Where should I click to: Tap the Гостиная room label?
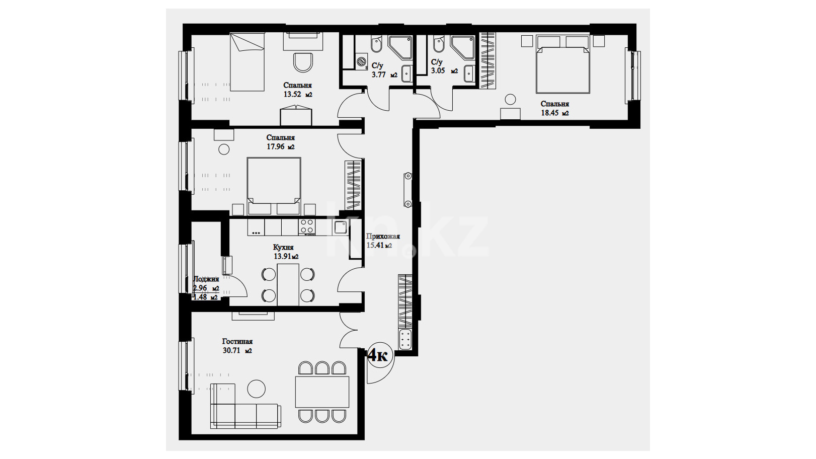237,342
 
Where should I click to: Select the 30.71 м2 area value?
237,351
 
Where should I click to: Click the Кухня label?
283,247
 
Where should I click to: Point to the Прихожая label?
383,236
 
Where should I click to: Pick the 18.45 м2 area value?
554,113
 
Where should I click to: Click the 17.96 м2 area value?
281,147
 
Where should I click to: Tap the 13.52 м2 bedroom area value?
298,95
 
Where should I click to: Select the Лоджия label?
206,279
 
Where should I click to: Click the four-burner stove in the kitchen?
307,227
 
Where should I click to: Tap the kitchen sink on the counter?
340,227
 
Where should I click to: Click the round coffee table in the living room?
257,389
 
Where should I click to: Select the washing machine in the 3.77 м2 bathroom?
362,61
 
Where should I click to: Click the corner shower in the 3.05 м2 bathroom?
462,47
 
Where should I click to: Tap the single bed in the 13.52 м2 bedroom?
247,62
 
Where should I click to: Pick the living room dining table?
322,392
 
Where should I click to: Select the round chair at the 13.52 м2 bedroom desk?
303,63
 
